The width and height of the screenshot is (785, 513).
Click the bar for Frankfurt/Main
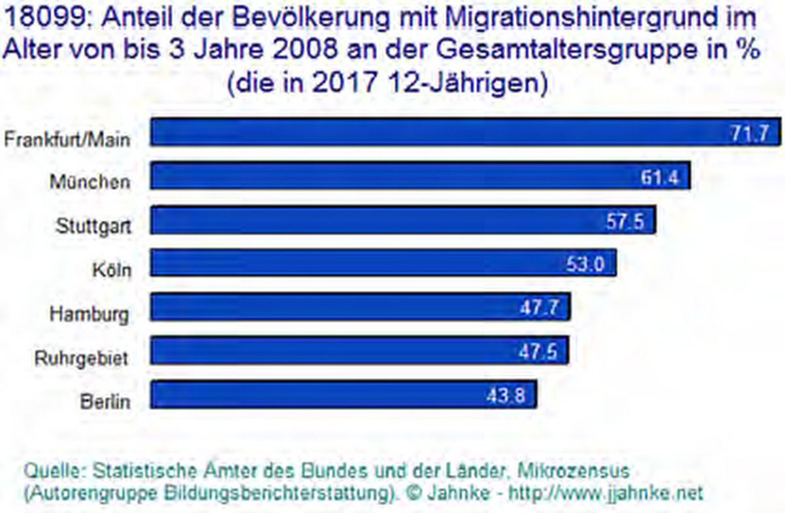coord(458,132)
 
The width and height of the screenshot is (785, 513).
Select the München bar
coord(419,176)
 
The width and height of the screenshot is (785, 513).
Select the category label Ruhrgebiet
coord(81,358)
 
